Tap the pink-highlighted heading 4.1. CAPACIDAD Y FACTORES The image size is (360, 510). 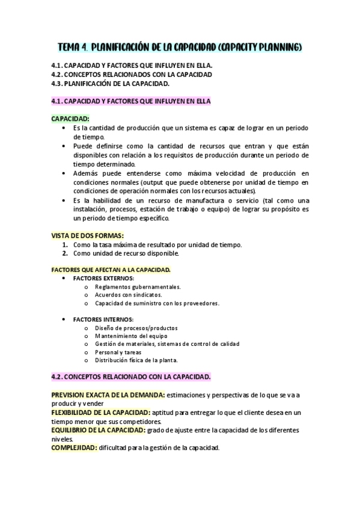pos(130,101)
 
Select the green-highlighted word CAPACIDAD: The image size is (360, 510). pos(70,119)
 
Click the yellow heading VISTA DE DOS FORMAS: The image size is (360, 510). pos(88,236)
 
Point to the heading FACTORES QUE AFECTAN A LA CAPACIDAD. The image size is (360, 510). pos(111,270)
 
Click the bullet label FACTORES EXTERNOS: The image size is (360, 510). pos(103,278)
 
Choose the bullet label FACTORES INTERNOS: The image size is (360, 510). pos(103,319)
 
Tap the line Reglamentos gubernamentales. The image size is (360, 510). pos(138,287)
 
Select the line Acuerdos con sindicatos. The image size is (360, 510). pos(128,295)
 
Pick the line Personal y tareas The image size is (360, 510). pos(118,352)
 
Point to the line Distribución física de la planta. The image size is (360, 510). pos(136,360)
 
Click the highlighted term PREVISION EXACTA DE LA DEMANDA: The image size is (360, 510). pos(108,395)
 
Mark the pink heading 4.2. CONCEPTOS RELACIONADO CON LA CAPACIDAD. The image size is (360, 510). pos(131,376)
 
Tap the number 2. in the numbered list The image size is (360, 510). pos(65,253)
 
